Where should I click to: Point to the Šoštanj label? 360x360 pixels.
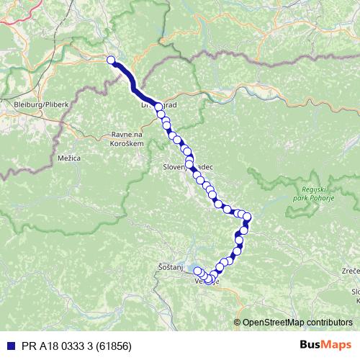coord(170,268)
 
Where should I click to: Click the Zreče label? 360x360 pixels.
coord(351,271)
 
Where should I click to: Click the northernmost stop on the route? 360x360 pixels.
coord(112,60)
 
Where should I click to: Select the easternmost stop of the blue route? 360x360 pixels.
coord(247,217)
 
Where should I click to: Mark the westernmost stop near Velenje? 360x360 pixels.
coord(197,271)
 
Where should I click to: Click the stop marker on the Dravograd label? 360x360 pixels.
coord(158,107)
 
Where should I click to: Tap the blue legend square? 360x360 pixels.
coord(6,346)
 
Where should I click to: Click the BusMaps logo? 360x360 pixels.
coord(325,345)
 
